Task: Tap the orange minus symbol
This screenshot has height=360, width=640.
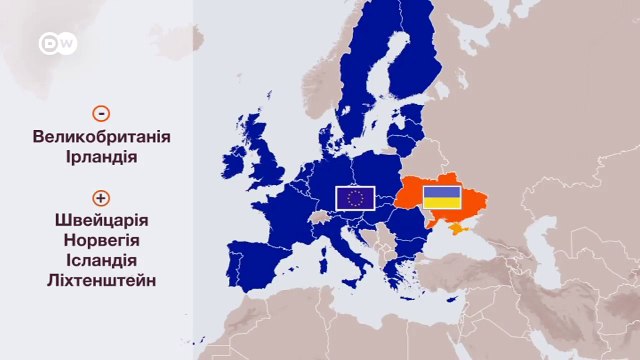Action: click(100, 114)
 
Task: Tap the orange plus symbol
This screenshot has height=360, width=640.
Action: click(100, 198)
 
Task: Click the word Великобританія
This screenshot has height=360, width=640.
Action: click(100, 137)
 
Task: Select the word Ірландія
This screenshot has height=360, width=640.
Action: click(100, 157)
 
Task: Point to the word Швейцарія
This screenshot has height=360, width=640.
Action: click(100, 221)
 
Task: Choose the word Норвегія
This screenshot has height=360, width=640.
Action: click(100, 241)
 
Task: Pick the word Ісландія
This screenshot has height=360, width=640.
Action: click(100, 261)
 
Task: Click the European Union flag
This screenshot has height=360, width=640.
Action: click(355, 198)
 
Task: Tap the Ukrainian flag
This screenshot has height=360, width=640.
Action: click(441, 197)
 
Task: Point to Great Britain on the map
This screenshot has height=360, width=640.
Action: click(268, 165)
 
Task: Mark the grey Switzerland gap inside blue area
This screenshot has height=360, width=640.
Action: click(320, 216)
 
